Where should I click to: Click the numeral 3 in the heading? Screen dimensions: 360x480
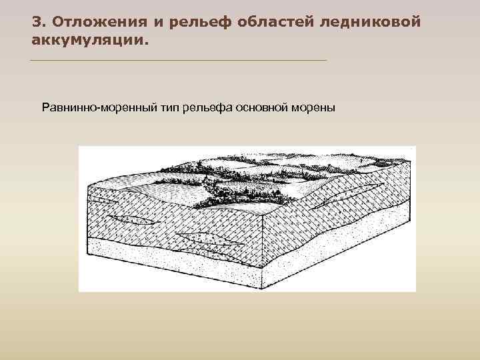pos(36,21)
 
